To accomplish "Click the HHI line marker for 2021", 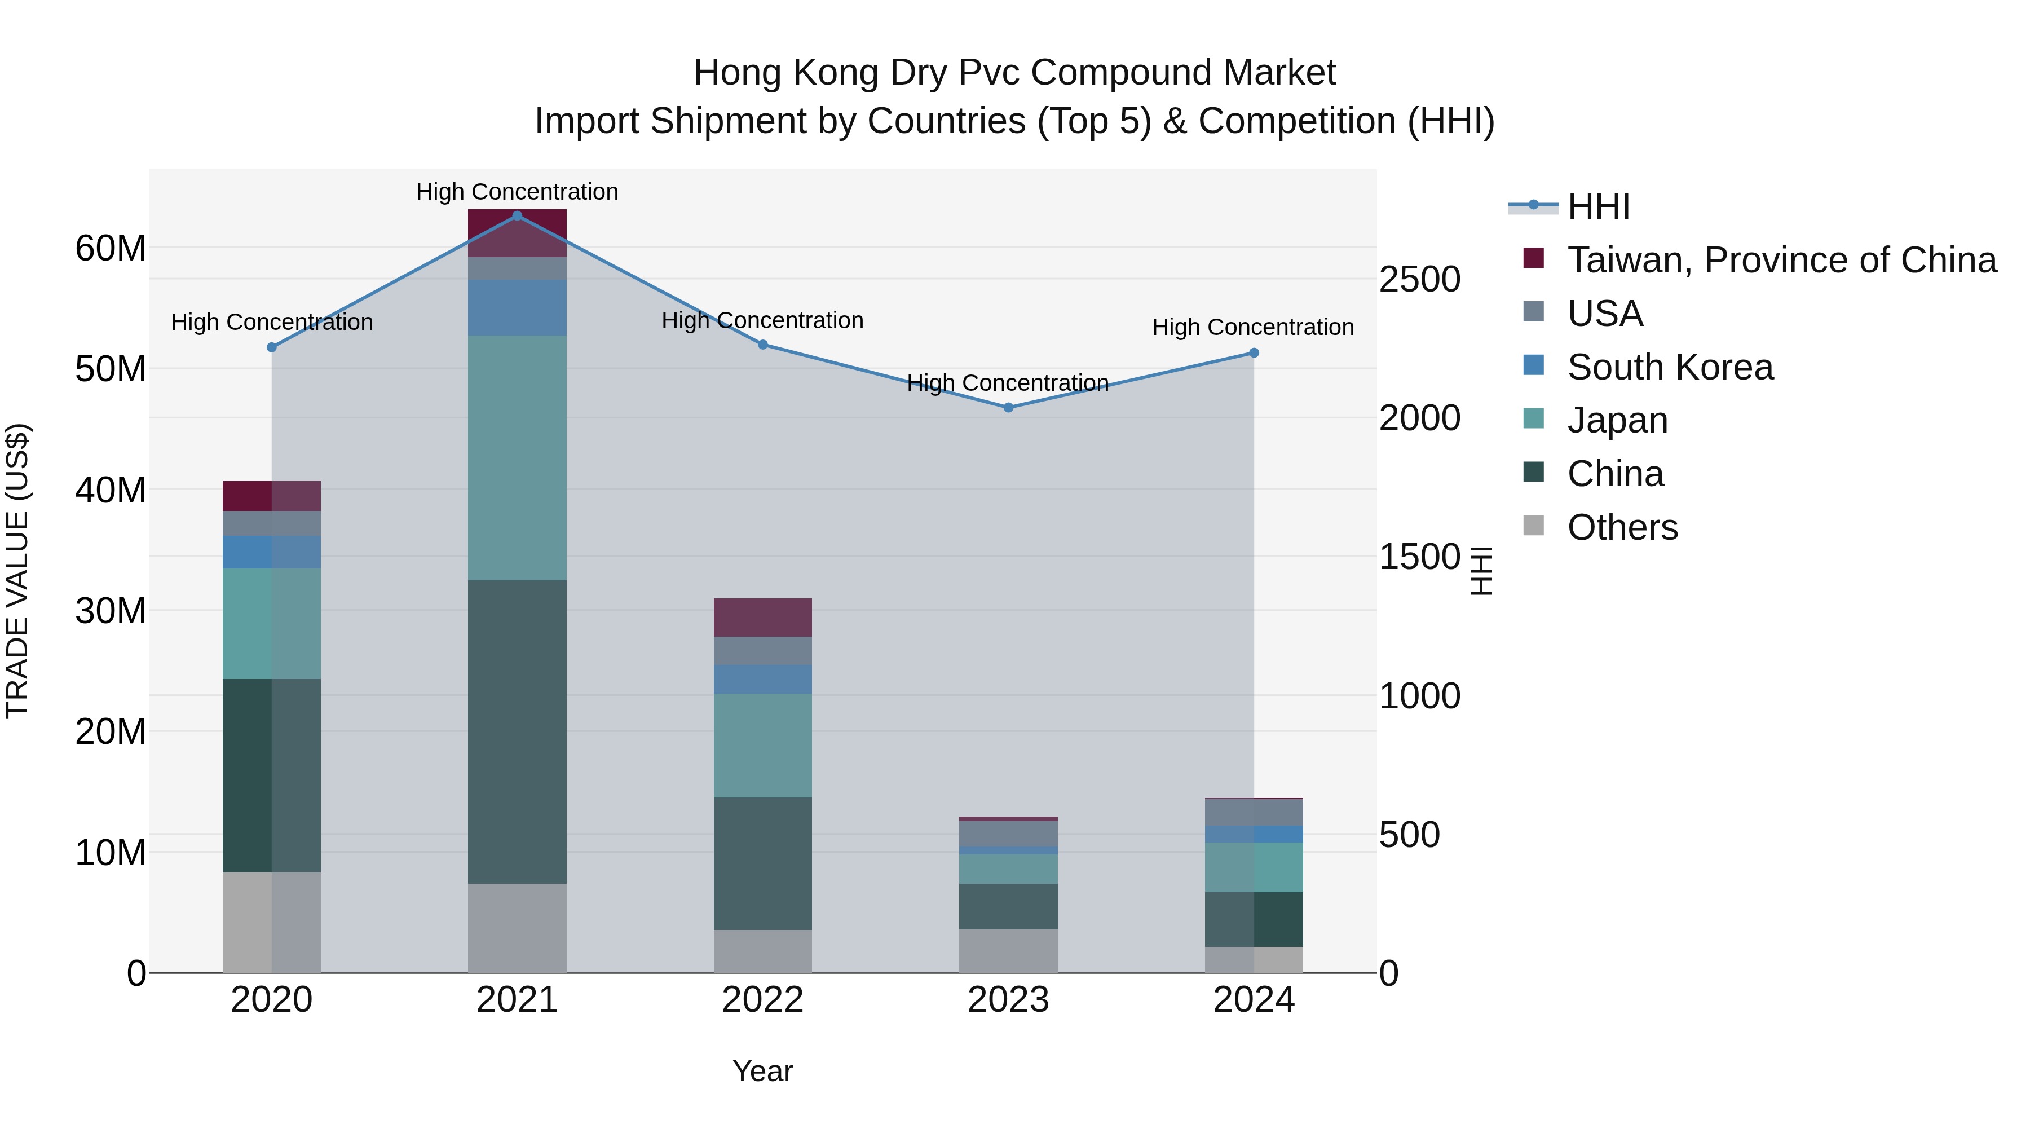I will (517, 216).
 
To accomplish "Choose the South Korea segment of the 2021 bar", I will (517, 307).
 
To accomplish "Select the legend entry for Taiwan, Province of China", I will (1781, 260).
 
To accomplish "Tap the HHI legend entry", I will (1597, 206).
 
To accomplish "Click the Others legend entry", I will (1622, 527).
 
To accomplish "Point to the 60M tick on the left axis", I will (111, 248).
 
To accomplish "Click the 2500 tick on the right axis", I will (1419, 279).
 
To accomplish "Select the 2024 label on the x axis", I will (1253, 1000).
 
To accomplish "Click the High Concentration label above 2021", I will (517, 192).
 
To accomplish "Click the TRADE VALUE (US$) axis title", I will (17, 571).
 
